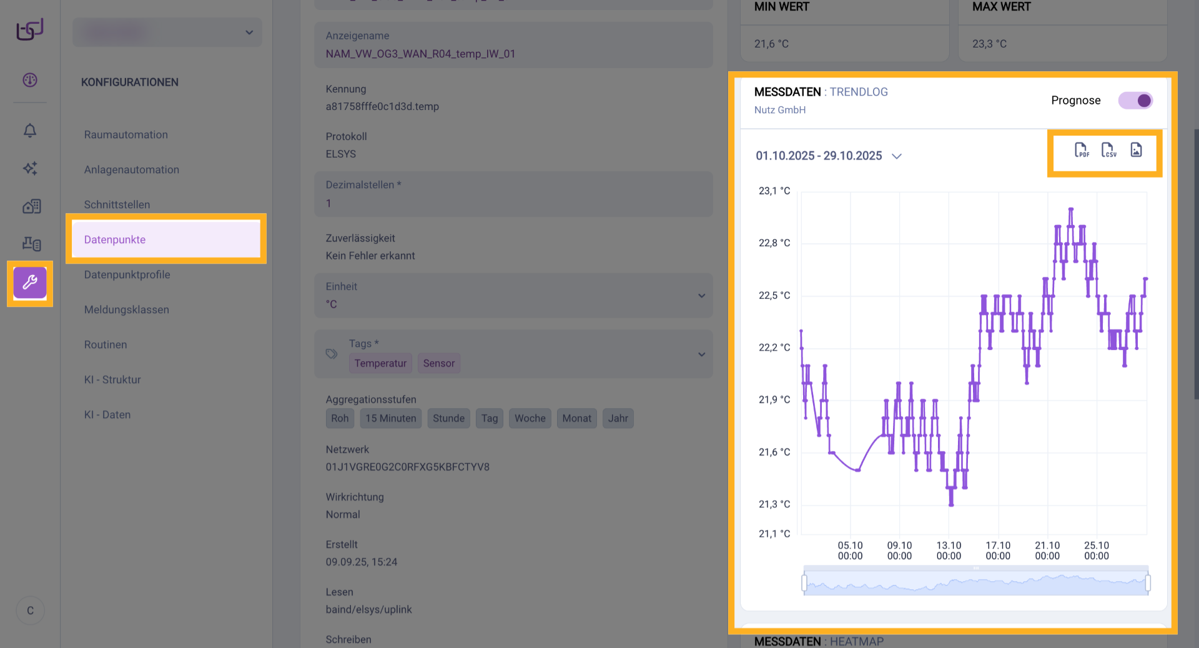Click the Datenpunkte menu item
(115, 239)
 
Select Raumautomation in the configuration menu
(126, 134)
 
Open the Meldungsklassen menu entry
(127, 309)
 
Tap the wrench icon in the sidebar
(30, 283)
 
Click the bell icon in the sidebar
(30, 131)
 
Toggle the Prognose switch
(1135, 101)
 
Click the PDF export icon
(1082, 150)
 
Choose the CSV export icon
(1108, 150)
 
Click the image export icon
(1136, 150)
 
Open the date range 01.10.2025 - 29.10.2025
(828, 156)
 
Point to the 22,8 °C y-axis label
(774, 243)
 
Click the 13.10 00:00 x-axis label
(949, 551)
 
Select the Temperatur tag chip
(380, 363)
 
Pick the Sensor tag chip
(439, 363)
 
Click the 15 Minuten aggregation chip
(391, 418)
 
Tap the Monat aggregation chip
(576, 418)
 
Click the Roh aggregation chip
(340, 418)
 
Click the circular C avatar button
(30, 611)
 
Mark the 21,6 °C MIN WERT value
(771, 44)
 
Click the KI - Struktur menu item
(112, 379)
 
